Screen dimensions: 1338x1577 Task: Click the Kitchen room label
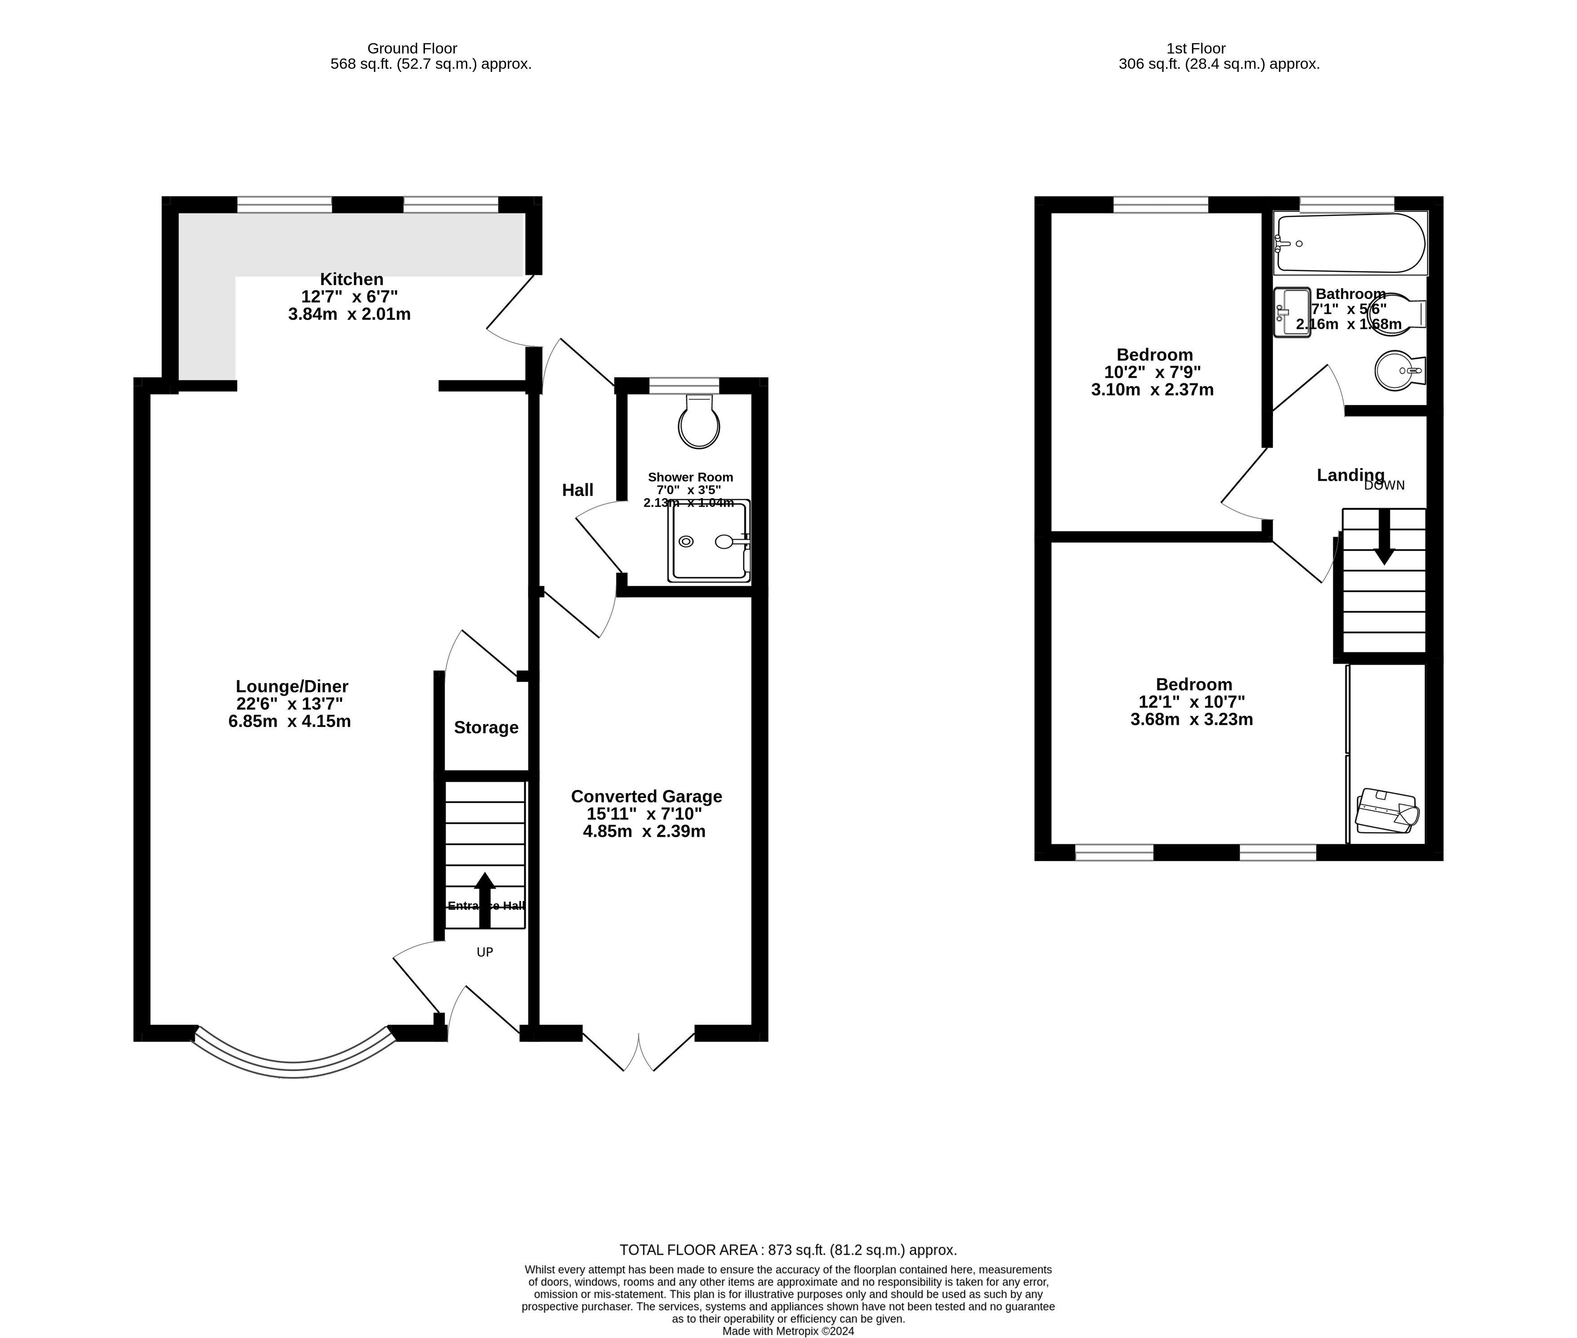pyautogui.click(x=351, y=279)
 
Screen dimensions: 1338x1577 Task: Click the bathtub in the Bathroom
pyautogui.click(x=1349, y=243)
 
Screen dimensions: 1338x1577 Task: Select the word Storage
pyautogui.click(x=486, y=727)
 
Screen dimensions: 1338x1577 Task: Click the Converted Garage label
pyautogui.click(x=646, y=796)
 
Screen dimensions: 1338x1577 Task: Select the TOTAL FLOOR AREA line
pyautogui.click(x=788, y=1250)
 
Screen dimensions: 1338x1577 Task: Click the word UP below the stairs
pyautogui.click(x=485, y=952)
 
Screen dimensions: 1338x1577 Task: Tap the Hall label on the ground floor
pyautogui.click(x=577, y=490)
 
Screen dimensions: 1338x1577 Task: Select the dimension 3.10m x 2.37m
pyautogui.click(x=1152, y=390)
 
